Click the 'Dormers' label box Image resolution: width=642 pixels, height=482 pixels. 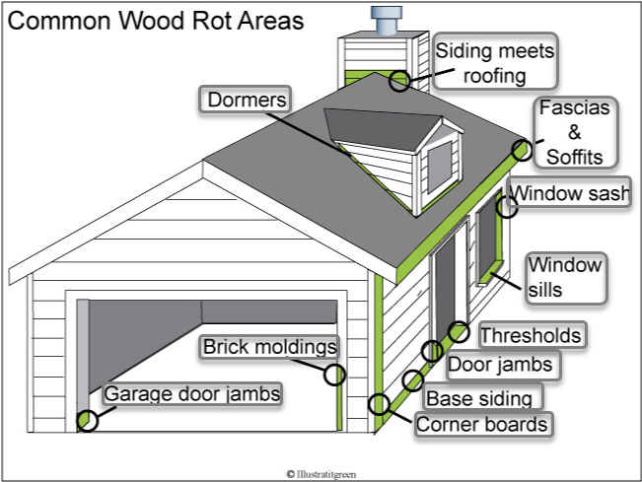pyautogui.click(x=248, y=101)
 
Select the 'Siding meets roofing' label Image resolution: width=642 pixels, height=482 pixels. pyautogui.click(x=496, y=61)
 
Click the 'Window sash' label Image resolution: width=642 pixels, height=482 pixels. pyautogui.click(x=569, y=194)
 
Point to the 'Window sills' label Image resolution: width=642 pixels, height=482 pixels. pyautogui.click(x=564, y=277)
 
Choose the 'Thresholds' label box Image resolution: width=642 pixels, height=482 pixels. pyautogui.click(x=531, y=335)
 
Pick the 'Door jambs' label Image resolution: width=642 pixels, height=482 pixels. pyautogui.click(x=502, y=366)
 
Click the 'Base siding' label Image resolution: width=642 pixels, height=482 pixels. pyautogui.click(x=483, y=398)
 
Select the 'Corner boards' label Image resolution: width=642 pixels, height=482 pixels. pyautogui.click(x=482, y=425)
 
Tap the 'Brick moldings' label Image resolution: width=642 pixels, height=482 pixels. pyautogui.click(x=269, y=347)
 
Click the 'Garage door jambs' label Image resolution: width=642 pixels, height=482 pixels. pyautogui.click(x=192, y=393)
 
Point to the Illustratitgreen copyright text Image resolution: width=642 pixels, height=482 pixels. pyautogui.click(x=321, y=473)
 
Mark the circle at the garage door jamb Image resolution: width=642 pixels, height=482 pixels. pyautogui.click(x=89, y=421)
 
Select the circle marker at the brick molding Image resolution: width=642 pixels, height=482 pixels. pyautogui.click(x=334, y=374)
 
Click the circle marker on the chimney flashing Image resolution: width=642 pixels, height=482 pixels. pyautogui.click(x=399, y=80)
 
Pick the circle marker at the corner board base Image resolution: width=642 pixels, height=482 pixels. pyautogui.click(x=378, y=402)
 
